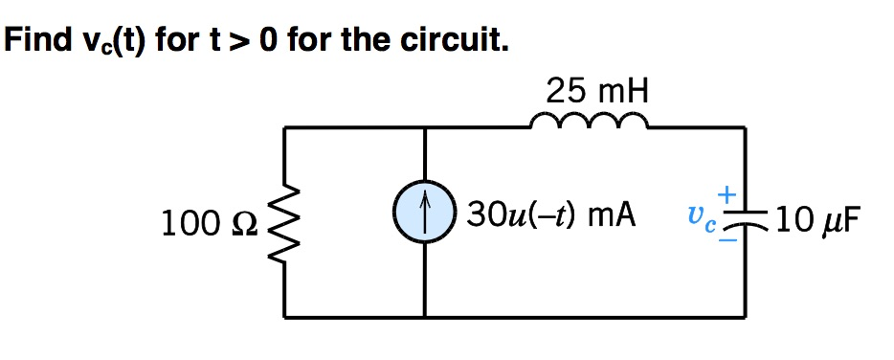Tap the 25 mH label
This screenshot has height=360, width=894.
(598, 92)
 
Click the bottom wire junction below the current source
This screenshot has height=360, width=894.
(425, 317)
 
